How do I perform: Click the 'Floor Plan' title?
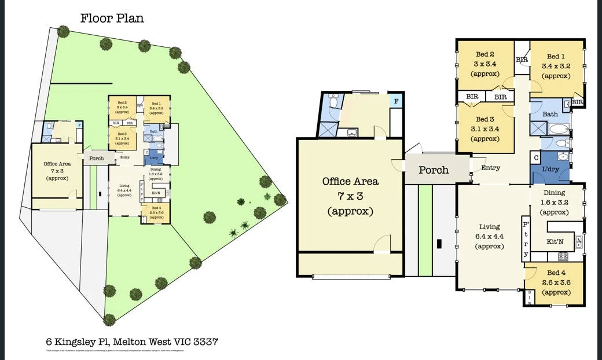click(112, 18)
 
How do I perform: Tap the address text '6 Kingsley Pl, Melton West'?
click(131, 341)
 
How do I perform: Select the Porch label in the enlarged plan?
click(434, 170)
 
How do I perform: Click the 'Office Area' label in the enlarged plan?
click(350, 182)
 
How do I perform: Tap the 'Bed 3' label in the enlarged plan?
click(485, 119)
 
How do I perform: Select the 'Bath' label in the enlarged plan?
click(550, 115)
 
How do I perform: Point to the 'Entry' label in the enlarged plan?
click(490, 168)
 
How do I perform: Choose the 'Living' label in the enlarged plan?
click(490, 227)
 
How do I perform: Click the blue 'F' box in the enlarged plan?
click(396, 101)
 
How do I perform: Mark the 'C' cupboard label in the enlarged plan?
click(536, 157)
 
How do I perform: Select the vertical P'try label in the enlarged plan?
click(526, 239)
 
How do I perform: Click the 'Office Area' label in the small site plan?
click(57, 164)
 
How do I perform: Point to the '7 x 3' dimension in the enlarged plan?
click(350, 196)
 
